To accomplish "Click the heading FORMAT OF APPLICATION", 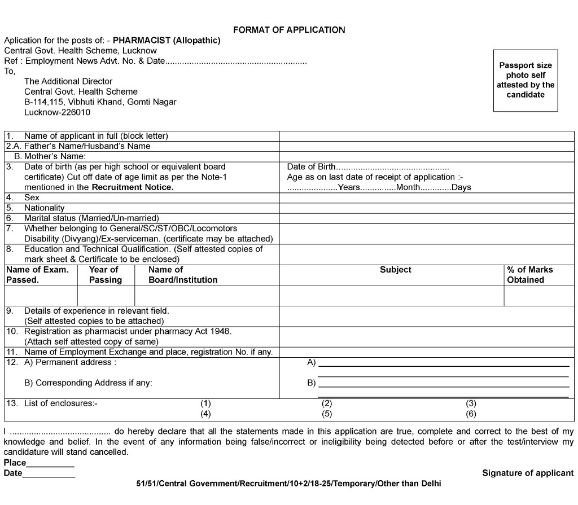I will [x=288, y=30].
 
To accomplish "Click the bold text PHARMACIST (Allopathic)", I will [x=167, y=41].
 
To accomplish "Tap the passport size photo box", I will [x=526, y=80].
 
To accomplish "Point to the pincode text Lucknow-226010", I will [x=57, y=112].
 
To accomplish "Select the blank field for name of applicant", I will [x=427, y=136].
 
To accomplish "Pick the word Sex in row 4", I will [x=32, y=197].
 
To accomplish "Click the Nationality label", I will [x=44, y=208].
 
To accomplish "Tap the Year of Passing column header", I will [x=106, y=275].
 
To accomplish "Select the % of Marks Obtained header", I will [x=530, y=275].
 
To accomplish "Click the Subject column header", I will [x=395, y=270].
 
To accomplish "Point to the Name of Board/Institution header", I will [x=182, y=275].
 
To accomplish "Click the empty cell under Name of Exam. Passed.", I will [x=41, y=296].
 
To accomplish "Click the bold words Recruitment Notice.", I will [x=133, y=187].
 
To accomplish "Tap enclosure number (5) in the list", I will [x=327, y=414].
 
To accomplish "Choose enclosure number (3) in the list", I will [x=471, y=403].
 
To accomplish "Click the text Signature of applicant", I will [x=527, y=473].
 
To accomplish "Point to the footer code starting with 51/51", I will [x=288, y=484].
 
